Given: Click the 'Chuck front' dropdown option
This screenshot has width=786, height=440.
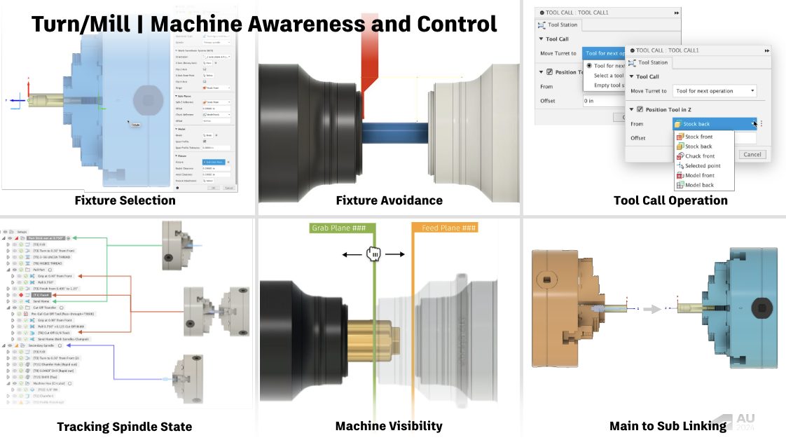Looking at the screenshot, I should (699, 156).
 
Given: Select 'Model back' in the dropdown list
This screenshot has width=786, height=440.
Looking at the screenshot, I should (699, 185).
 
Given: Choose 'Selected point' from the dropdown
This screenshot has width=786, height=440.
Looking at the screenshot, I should (702, 166).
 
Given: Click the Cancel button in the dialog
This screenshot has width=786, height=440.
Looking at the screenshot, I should (752, 154).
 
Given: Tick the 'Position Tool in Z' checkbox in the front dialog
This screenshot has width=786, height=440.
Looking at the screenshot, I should (640, 109).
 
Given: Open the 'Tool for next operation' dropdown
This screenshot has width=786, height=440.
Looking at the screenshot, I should (714, 91).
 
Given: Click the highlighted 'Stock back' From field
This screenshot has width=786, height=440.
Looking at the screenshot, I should (713, 124).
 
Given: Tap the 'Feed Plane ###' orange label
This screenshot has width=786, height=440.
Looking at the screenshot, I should (445, 228).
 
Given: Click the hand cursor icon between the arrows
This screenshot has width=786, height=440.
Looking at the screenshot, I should (374, 254).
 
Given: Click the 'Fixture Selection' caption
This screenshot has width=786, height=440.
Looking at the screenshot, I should (125, 200).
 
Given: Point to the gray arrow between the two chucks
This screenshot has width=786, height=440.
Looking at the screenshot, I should (651, 308).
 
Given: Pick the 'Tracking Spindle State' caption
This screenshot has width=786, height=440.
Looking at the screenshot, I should (124, 427).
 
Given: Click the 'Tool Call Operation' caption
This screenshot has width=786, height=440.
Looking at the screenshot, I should (670, 200).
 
